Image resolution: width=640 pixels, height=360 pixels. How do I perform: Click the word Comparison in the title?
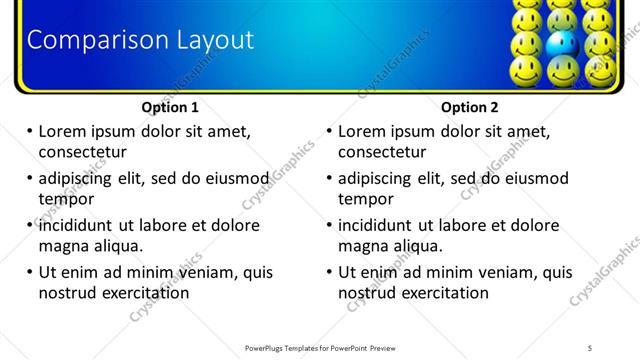(84, 40)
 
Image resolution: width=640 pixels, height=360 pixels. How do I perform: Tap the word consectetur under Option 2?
(382, 152)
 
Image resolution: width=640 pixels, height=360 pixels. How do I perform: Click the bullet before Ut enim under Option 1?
(29, 272)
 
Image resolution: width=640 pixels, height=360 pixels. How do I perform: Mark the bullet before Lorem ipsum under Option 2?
(329, 131)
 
